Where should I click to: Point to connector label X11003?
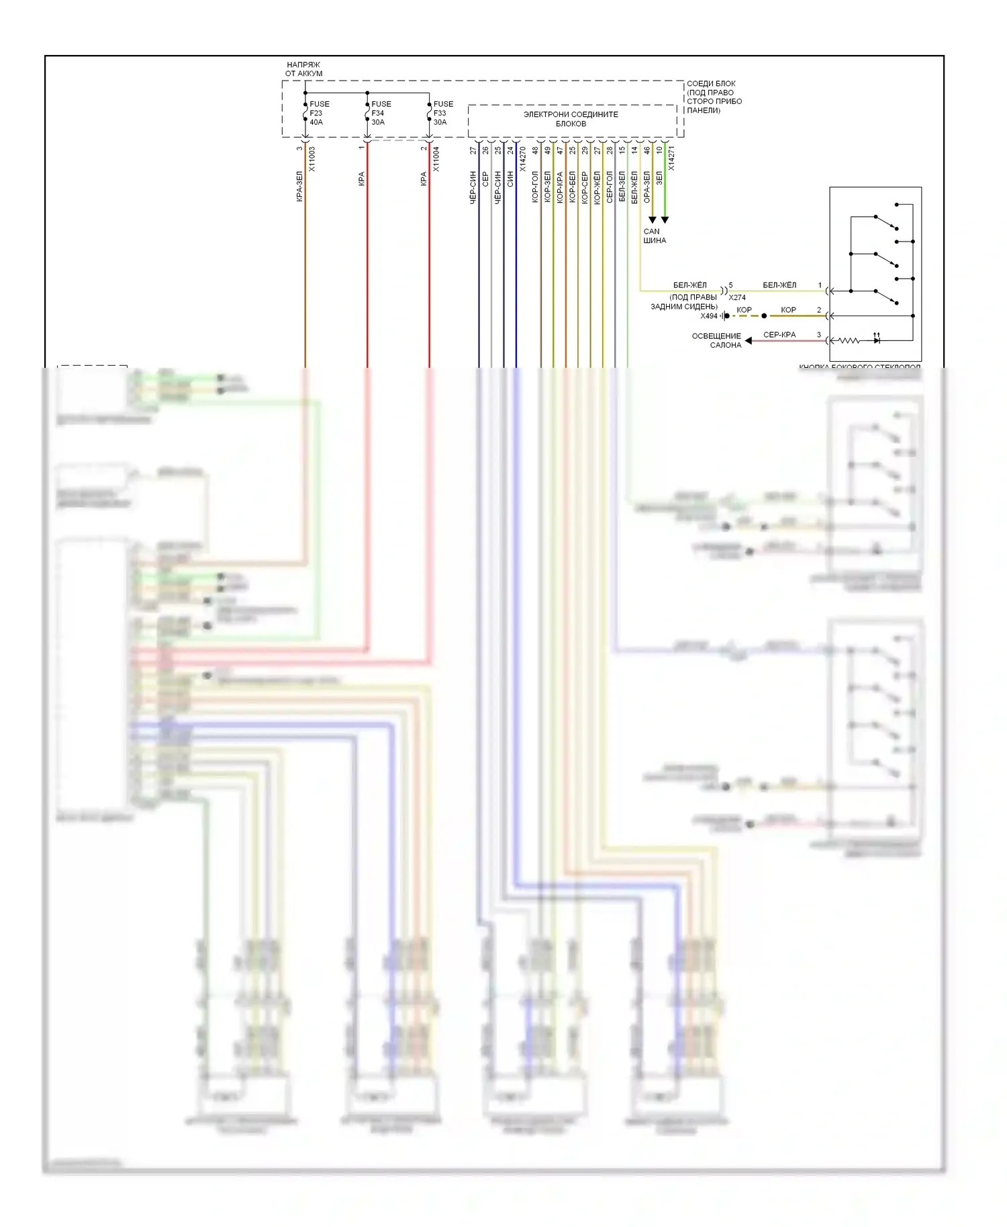pos(312,159)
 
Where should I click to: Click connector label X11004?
pos(436,159)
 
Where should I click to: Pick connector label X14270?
pos(523,159)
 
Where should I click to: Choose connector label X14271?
pos(671,158)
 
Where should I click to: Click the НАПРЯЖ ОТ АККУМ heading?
pos(303,69)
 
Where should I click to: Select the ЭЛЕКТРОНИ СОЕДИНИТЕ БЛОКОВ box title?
pos(571,119)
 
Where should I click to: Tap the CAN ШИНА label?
pos(654,236)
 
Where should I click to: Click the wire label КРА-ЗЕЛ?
pos(299,187)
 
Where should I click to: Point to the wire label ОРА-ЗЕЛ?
pos(646,187)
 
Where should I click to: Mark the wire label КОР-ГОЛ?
pos(535,187)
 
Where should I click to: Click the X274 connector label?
pos(737,297)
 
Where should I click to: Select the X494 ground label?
pos(709,316)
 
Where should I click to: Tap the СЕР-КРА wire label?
pos(779,334)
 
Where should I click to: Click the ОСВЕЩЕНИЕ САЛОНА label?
pos(716,340)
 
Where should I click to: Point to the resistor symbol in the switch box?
pos(849,341)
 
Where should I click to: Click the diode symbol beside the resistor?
pos(876,340)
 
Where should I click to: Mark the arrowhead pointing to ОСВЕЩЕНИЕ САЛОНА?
pos(749,341)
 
